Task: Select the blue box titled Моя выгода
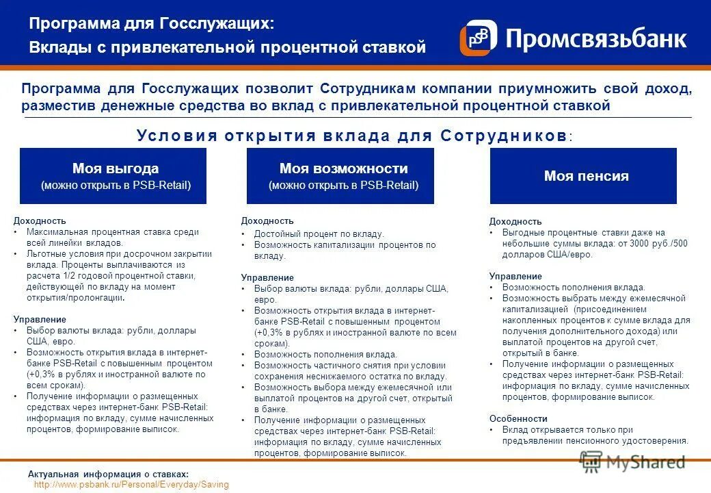(113, 176)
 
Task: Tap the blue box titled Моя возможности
(340, 176)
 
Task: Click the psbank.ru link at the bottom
(131, 484)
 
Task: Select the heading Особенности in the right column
(518, 418)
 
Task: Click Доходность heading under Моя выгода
(40, 220)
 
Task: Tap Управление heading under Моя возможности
(267, 277)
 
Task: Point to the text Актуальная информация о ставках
(108, 475)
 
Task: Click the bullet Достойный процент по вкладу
(319, 233)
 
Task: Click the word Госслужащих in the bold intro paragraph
(190, 89)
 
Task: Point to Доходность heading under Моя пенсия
(515, 221)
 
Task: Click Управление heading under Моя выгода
(40, 319)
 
